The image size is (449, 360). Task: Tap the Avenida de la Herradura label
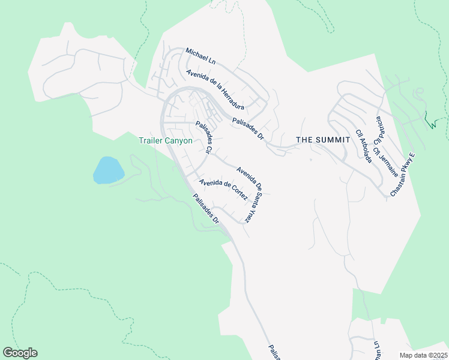pos(214,89)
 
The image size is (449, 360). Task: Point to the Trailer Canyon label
pos(166,141)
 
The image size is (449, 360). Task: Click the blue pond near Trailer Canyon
pos(108,170)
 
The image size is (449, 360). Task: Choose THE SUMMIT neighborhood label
pos(324,140)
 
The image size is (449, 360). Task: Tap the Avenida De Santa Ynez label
pos(250,194)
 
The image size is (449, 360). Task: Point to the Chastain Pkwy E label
pos(403,175)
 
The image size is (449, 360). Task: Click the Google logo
pos(20,353)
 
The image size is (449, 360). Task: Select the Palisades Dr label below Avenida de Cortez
pos(206,209)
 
